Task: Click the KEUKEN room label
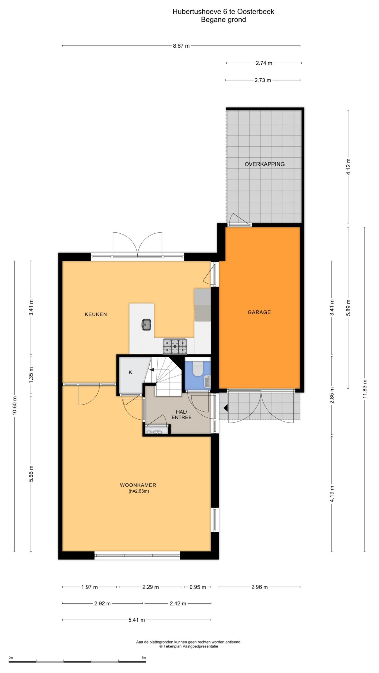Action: (x=96, y=314)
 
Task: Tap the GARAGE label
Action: (x=259, y=312)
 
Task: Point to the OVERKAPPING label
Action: (x=265, y=164)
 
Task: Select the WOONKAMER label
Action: (x=138, y=485)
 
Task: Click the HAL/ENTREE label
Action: (x=181, y=415)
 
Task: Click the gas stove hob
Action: (x=175, y=346)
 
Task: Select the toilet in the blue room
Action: (x=198, y=369)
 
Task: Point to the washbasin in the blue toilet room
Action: (x=207, y=382)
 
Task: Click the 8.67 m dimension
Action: (x=181, y=46)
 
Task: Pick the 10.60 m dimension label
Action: (x=14, y=405)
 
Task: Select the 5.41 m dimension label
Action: (x=137, y=620)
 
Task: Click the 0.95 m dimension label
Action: (x=198, y=587)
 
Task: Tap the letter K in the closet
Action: (x=130, y=372)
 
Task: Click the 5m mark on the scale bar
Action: (x=144, y=656)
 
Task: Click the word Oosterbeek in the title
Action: (x=256, y=12)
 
